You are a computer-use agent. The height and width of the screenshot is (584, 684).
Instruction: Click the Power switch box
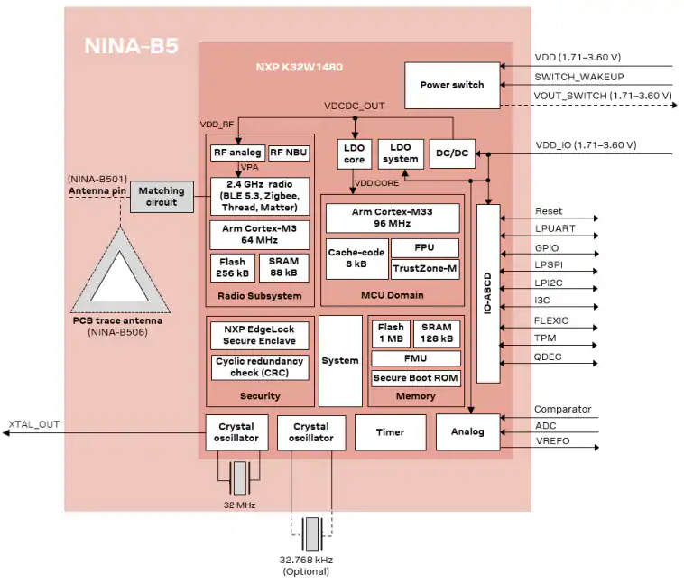452,86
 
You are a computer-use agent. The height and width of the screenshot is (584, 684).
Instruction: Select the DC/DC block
452,153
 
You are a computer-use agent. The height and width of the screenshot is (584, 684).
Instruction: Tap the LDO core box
355,153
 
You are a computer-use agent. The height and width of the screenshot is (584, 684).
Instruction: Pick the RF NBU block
289,153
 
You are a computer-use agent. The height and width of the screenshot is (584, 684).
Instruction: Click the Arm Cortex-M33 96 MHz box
393,218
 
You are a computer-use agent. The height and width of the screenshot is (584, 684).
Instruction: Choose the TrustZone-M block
425,269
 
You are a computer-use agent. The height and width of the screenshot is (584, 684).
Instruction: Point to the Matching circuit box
162,197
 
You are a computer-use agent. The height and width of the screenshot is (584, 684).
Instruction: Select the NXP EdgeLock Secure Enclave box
260,335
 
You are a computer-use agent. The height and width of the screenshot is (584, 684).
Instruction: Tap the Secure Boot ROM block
416,378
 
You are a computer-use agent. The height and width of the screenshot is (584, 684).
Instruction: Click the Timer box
391,432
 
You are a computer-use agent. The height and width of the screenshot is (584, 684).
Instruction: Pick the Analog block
467,431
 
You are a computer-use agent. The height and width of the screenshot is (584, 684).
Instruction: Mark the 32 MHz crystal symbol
239,478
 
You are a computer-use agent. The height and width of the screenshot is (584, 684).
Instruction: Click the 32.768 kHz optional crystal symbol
312,533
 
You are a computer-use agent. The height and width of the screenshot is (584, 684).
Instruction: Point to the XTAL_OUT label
34,424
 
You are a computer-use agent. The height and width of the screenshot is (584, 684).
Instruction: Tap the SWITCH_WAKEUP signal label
579,77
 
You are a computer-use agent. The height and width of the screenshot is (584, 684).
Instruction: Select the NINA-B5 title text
132,46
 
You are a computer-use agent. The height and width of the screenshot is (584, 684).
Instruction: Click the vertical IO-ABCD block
488,293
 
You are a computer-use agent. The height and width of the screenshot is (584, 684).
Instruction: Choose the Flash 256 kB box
233,267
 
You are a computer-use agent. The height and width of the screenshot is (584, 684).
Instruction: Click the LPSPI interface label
549,265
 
